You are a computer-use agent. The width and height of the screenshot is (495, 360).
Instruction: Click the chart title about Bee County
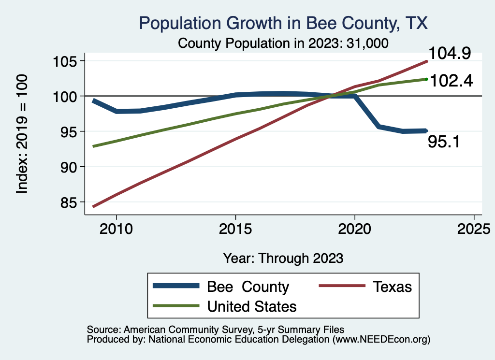click(283, 23)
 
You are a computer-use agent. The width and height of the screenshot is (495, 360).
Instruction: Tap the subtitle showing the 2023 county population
click(283, 43)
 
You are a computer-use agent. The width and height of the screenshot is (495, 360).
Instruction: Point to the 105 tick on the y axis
click(71, 61)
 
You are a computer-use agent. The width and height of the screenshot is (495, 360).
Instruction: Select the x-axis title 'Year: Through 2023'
click(283, 258)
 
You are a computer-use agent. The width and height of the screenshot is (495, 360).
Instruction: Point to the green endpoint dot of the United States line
click(426, 79)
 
